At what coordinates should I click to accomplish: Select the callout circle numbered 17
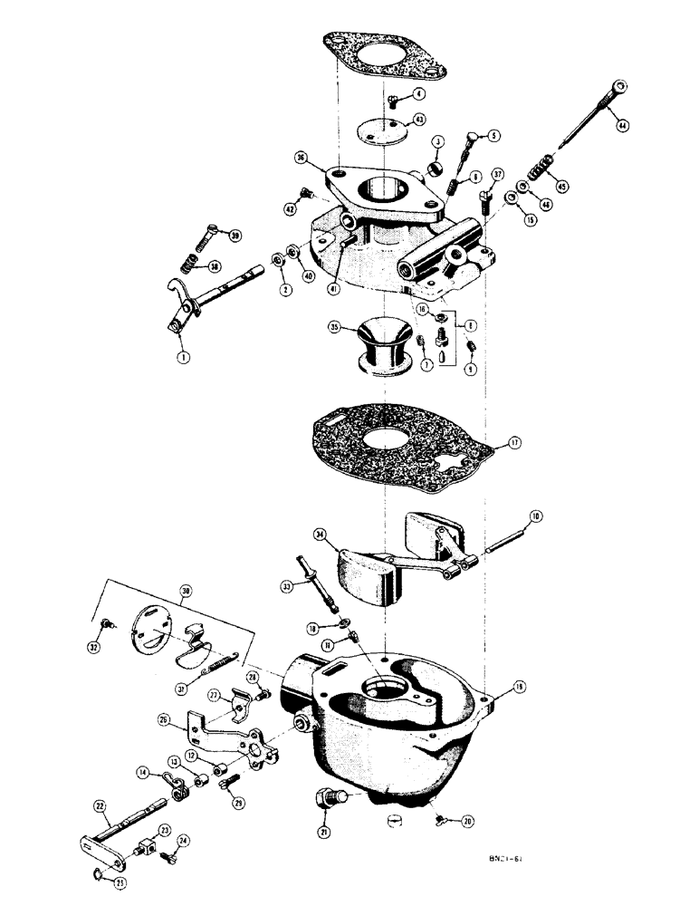[514, 443]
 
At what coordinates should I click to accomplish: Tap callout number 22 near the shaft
[100, 805]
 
